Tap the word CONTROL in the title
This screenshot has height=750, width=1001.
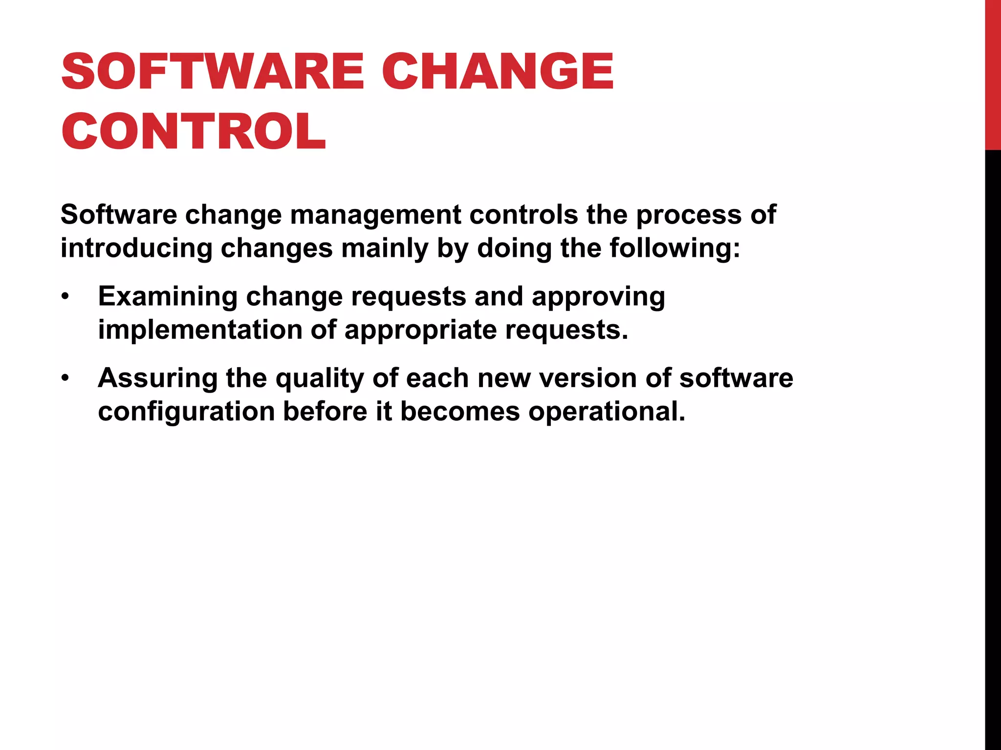[194, 131]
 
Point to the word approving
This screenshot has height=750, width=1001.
[598, 297]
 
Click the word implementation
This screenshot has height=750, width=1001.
[200, 330]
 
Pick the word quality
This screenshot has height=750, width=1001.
[320, 378]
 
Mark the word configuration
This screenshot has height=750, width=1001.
[186, 412]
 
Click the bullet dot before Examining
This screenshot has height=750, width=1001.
[65, 297]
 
